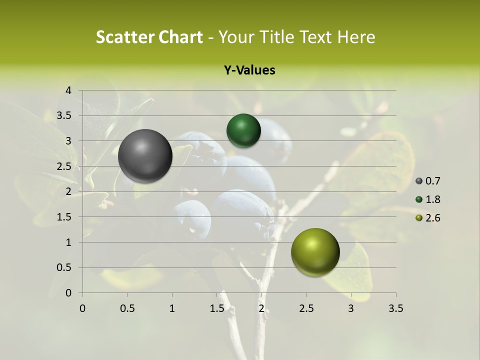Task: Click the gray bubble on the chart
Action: pos(145,156)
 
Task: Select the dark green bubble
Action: pos(243,131)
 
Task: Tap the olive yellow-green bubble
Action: pos(315,252)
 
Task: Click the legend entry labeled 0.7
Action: pos(428,181)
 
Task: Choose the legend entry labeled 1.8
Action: pos(428,199)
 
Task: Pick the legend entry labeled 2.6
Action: pos(428,218)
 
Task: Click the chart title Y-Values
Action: pos(249,70)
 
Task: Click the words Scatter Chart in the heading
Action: pos(149,37)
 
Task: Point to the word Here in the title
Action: pos(356,37)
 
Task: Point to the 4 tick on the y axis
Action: pos(68,90)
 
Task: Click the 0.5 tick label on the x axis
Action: pos(127,308)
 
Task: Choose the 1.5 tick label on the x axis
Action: pos(217,308)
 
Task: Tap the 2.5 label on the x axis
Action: pos(306,308)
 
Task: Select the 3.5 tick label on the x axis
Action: pos(395,308)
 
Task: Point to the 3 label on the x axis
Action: pos(351,308)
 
